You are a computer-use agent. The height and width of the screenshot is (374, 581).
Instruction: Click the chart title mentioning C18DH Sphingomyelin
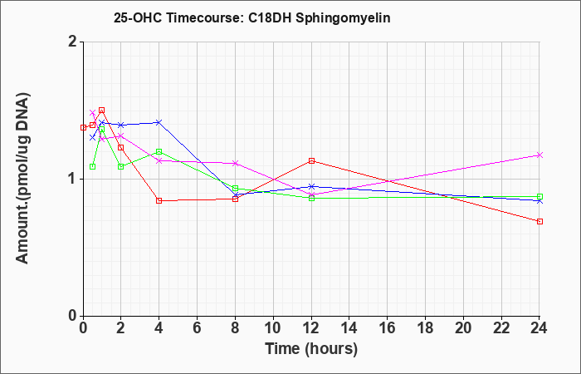pyautogui.click(x=252, y=17)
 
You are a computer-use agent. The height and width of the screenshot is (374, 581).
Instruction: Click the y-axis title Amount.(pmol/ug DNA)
pyautogui.click(x=23, y=179)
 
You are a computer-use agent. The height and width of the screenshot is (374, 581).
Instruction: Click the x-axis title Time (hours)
pyautogui.click(x=311, y=349)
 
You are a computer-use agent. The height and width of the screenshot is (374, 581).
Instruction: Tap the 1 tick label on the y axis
pyautogui.click(x=74, y=180)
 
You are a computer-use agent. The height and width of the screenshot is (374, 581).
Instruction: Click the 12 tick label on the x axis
pyautogui.click(x=311, y=328)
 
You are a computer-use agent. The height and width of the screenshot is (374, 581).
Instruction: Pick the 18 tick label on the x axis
pyautogui.click(x=425, y=328)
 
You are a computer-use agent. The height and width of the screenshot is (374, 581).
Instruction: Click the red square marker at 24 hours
pyautogui.click(x=539, y=222)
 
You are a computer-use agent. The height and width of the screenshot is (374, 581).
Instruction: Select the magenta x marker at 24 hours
pyautogui.click(x=539, y=155)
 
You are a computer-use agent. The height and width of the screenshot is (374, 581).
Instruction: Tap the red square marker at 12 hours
pyautogui.click(x=311, y=161)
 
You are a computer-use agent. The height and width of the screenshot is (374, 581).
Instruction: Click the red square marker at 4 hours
pyautogui.click(x=159, y=201)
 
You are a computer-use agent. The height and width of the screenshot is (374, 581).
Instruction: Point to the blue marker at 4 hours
pyautogui.click(x=159, y=122)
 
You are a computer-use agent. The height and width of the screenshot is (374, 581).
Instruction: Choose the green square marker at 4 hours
pyautogui.click(x=159, y=152)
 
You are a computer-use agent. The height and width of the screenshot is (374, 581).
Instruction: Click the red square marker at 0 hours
pyautogui.click(x=83, y=128)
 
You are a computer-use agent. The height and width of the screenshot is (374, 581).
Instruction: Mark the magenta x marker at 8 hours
pyautogui.click(x=235, y=163)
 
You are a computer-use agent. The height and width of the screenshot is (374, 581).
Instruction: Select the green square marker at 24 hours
pyautogui.click(x=539, y=197)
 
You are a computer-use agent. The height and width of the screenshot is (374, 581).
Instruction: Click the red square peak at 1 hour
pyautogui.click(x=102, y=111)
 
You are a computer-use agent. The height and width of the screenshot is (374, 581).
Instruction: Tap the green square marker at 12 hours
pyautogui.click(x=311, y=198)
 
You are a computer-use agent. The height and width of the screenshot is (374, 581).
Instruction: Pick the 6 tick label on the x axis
pyautogui.click(x=198, y=328)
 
